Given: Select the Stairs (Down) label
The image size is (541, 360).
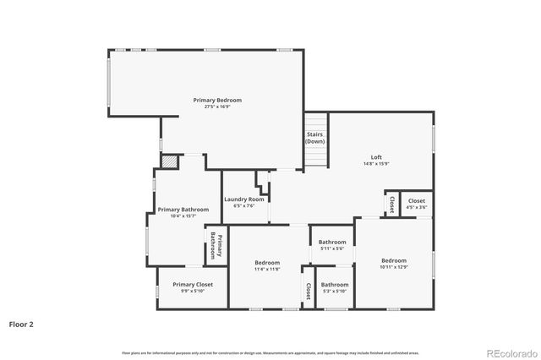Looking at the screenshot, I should (x=314, y=137).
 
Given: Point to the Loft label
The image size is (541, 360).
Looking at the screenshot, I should (x=376, y=157).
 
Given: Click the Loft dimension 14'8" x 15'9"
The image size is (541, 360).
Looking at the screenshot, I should (x=376, y=164).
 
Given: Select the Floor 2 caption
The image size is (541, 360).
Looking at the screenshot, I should (x=21, y=324).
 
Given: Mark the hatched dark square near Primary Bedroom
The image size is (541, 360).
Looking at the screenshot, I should (x=170, y=160).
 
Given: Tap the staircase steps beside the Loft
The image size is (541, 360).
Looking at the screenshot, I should (x=315, y=157).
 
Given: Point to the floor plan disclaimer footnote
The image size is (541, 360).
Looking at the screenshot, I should (x=270, y=352).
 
